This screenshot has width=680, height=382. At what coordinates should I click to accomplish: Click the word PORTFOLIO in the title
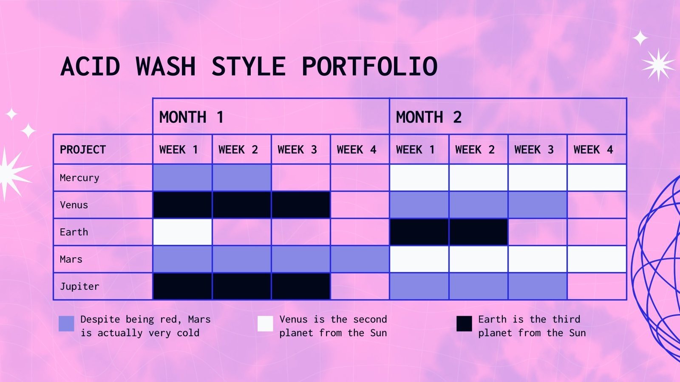(x=369, y=67)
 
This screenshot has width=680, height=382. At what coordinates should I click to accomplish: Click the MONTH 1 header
(x=191, y=117)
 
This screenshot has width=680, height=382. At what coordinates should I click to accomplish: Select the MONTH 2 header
(x=428, y=117)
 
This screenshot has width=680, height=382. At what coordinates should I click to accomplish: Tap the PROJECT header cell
(x=83, y=149)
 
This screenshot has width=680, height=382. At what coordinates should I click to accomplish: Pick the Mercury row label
(x=79, y=178)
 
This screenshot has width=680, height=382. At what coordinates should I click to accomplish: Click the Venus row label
(x=74, y=205)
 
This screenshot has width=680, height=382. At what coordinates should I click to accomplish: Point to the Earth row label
(x=74, y=232)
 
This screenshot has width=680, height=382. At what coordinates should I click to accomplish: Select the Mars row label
(x=71, y=259)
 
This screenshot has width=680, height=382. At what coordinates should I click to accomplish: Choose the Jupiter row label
(x=79, y=286)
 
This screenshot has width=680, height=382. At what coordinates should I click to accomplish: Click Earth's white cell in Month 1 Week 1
(x=182, y=232)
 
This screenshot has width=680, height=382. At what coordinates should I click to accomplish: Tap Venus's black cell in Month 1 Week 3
(x=300, y=205)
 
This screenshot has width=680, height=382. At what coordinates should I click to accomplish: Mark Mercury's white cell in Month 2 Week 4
(x=596, y=178)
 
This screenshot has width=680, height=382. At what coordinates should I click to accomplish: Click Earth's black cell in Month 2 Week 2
(x=478, y=232)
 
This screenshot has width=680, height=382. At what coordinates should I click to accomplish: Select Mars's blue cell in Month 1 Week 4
(x=360, y=259)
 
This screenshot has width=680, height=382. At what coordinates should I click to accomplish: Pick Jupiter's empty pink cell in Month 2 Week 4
(x=596, y=286)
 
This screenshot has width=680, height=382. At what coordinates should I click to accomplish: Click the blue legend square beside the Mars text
(x=66, y=323)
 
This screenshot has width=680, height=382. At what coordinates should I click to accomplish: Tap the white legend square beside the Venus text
(x=265, y=323)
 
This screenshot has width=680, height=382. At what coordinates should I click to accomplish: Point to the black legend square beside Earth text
(x=464, y=323)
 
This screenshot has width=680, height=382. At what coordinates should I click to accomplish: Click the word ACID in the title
(x=91, y=67)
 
